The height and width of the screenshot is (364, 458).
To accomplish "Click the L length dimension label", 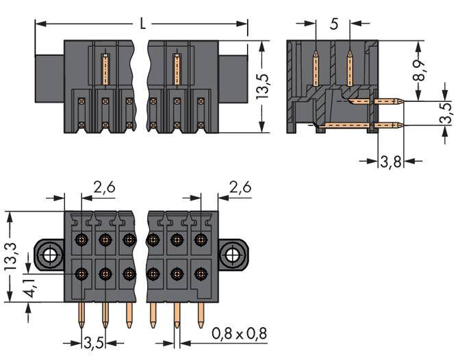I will click(142, 24).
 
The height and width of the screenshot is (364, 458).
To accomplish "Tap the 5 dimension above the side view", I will click(333, 25).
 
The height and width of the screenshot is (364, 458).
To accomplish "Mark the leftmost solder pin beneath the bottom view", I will click(84, 315).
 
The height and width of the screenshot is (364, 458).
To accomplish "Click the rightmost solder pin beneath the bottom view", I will click(201, 314).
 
